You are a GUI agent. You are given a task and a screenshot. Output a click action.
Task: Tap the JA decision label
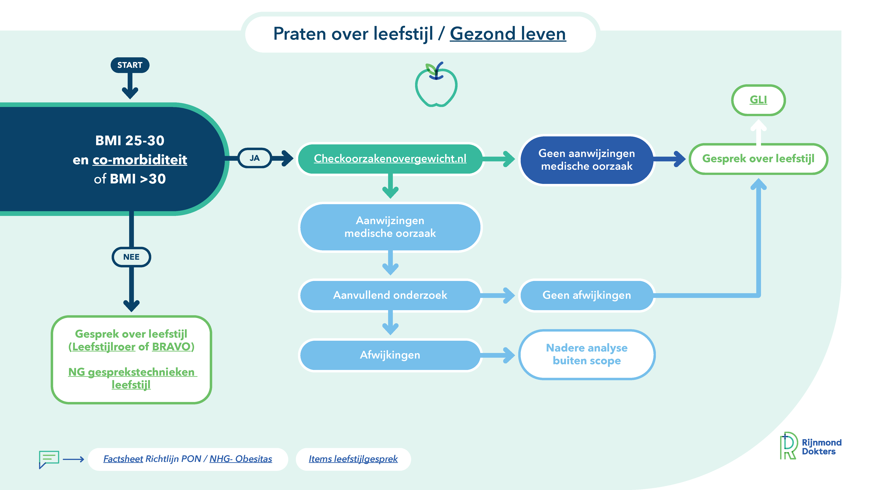tap(255, 158)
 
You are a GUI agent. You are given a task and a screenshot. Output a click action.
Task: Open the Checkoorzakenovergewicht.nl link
tap(390, 158)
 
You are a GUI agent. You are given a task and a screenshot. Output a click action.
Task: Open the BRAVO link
tap(171, 347)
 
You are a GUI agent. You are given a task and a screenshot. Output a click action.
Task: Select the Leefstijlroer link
tap(104, 347)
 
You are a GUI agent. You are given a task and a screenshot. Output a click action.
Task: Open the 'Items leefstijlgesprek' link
tap(353, 459)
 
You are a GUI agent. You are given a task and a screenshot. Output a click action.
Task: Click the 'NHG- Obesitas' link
tap(241, 459)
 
